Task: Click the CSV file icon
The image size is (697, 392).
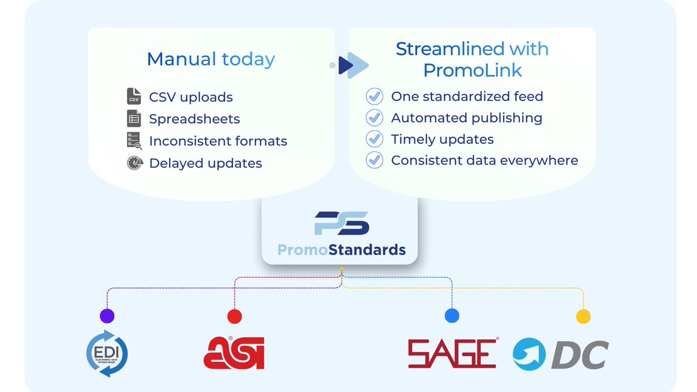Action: [134, 96]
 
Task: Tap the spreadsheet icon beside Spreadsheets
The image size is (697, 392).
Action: [134, 118]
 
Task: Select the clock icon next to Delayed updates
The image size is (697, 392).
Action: [134, 163]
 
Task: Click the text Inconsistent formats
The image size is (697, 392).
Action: [218, 141]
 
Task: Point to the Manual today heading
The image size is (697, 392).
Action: [211, 59]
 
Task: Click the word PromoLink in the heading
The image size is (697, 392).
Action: [472, 70]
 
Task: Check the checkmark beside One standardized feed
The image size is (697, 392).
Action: [375, 96]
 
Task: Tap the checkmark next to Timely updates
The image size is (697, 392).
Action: [375, 139]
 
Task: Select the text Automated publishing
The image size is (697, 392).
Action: [466, 118]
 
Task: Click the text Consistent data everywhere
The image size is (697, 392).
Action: [484, 160]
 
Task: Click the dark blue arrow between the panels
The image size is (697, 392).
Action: [347, 65]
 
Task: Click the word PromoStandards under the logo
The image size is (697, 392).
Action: [341, 250]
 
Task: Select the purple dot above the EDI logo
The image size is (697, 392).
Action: [107, 316]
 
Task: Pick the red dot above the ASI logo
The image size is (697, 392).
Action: [235, 316]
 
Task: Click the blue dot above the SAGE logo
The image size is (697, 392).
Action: [452, 316]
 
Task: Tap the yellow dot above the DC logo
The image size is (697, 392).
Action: [583, 317]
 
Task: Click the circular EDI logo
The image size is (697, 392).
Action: [107, 353]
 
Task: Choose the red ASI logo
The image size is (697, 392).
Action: [234, 353]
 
